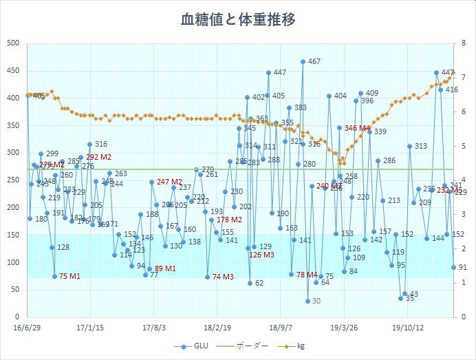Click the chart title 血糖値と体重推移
238,19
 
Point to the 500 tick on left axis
12,43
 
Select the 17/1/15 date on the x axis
89,328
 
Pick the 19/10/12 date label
408,328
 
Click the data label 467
314,62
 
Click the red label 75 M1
70,276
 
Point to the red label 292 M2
98,158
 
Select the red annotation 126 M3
261,255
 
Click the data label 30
316,301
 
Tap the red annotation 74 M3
224,277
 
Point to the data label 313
420,146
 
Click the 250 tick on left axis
12,180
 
